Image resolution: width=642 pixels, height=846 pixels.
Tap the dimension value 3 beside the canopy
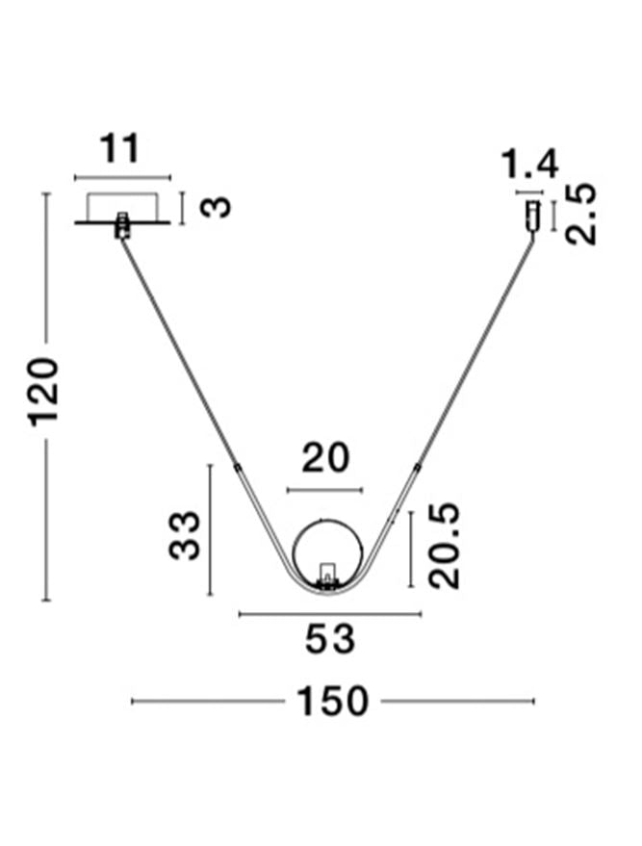click(220, 206)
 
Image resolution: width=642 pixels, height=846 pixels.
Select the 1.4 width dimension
click(529, 166)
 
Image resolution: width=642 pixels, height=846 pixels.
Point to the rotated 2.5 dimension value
click(581, 214)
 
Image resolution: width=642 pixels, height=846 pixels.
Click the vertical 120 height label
click(44, 392)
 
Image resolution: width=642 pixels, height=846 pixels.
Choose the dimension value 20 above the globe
click(325, 459)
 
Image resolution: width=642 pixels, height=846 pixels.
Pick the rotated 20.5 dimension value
click(445, 546)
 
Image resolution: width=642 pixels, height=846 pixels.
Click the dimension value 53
click(330, 639)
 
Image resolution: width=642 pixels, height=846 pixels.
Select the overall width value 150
click(332, 702)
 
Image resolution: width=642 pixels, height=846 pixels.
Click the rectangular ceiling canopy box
click(122, 205)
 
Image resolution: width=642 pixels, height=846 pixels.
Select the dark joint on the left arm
click(237, 467)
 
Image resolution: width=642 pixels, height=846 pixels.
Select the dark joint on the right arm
click(417, 468)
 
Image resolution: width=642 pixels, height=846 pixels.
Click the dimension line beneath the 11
click(122, 178)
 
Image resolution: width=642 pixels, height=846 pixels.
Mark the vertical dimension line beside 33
click(209, 530)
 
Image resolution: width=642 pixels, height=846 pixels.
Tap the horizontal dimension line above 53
click(330, 614)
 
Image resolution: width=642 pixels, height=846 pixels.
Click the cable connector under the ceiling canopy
click(122, 226)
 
